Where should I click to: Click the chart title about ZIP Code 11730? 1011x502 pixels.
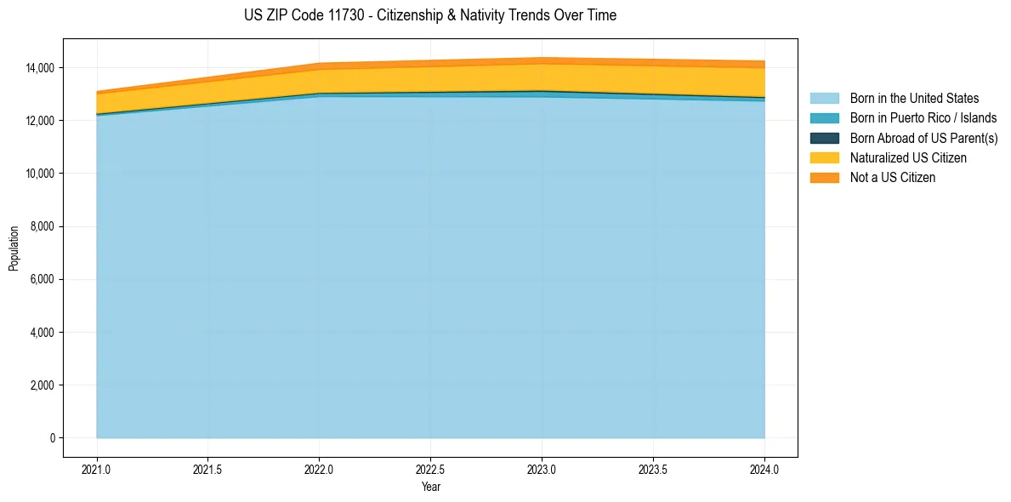(429, 15)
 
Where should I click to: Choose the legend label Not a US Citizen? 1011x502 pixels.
(892, 178)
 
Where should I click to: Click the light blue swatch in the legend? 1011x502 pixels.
(824, 99)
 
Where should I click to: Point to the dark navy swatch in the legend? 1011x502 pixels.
(824, 138)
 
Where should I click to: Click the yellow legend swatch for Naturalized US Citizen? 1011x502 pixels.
(824, 158)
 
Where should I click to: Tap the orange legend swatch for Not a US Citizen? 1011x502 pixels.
(824, 178)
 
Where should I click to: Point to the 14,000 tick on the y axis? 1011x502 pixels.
(40, 67)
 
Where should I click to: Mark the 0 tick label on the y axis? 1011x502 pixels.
(53, 438)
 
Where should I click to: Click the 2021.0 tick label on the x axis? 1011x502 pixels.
(97, 469)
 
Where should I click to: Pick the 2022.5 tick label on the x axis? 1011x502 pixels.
(430, 469)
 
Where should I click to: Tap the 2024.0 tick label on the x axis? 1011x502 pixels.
(764, 469)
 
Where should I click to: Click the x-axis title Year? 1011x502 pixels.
(430, 487)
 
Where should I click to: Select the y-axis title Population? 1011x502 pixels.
(14, 248)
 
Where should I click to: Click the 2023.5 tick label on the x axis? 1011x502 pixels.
(653, 469)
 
